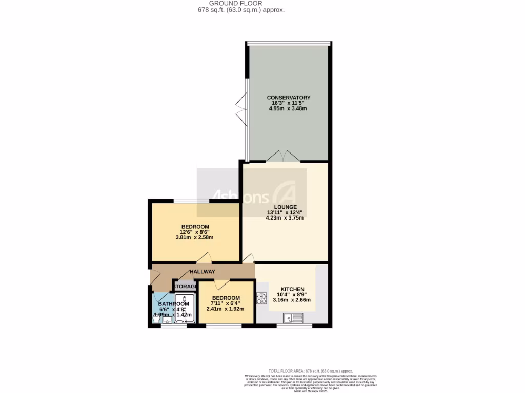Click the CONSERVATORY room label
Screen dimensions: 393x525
[x=288, y=97]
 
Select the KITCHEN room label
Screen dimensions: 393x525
[x=292, y=289]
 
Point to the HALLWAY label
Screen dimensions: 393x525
[x=203, y=272]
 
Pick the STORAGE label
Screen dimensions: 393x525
[x=186, y=286]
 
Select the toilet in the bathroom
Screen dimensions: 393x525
[x=156, y=318]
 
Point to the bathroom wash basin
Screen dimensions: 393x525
[x=168, y=321]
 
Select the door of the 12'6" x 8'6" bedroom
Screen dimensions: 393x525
[x=204, y=258]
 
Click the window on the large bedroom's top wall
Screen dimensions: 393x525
[x=191, y=201]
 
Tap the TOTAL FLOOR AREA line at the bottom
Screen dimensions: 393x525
[x=311, y=370]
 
